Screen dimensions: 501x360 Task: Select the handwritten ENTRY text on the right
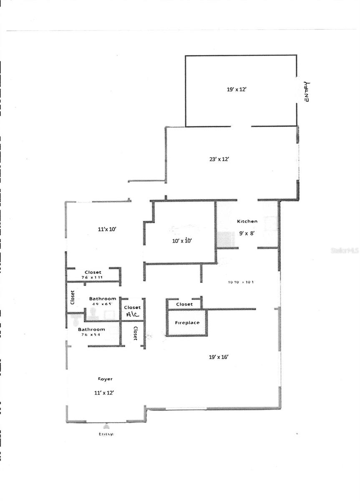click(x=307, y=91)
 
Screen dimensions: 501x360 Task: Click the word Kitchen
click(x=247, y=221)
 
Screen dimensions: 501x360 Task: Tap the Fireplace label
click(x=187, y=323)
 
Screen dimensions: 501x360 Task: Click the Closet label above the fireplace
click(x=184, y=304)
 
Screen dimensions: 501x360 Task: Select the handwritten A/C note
click(x=133, y=315)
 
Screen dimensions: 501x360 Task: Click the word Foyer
click(x=105, y=379)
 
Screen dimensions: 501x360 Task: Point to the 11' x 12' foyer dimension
click(x=104, y=392)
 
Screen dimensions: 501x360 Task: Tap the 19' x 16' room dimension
click(x=218, y=357)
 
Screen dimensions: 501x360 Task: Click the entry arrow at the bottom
click(x=106, y=426)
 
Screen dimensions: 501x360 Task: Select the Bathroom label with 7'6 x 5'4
click(x=91, y=329)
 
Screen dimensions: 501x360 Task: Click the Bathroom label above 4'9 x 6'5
click(x=103, y=299)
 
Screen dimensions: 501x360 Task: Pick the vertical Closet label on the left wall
click(x=72, y=298)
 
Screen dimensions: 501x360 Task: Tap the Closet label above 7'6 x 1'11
click(x=93, y=272)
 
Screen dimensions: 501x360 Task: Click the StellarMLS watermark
click(x=345, y=250)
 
